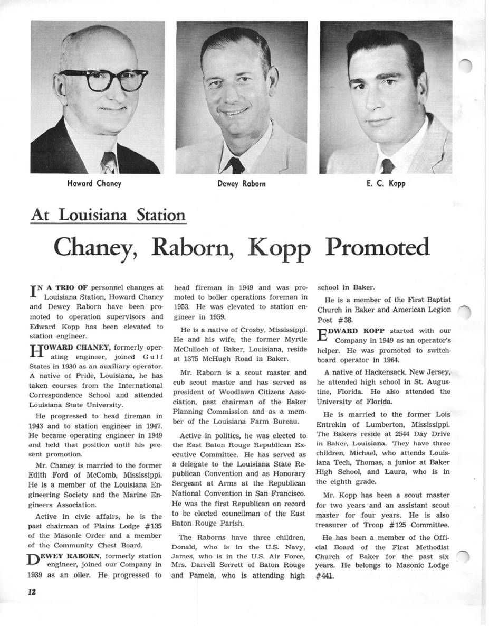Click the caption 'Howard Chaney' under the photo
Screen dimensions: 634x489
pos(94,184)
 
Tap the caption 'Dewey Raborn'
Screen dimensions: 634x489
pos(241,184)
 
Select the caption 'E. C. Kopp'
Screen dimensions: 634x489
pos(386,184)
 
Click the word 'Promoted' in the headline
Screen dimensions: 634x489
pos(377,247)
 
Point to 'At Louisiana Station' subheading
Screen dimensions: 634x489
pos(108,216)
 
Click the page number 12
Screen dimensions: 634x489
pos(32,592)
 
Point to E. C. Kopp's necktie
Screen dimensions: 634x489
pos(388,165)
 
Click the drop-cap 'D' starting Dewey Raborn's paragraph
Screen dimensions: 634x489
pos(35,560)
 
